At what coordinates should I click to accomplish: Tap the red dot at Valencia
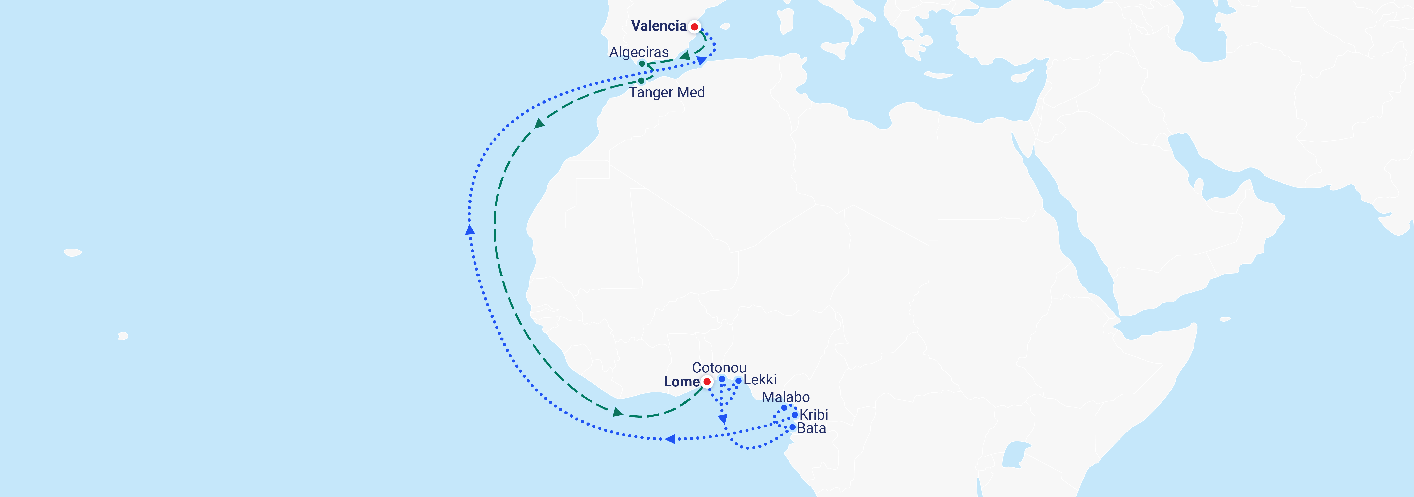(x=694, y=26)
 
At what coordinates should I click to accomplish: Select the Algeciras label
(x=639, y=52)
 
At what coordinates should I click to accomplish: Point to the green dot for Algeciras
(x=642, y=64)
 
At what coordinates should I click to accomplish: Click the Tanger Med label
(x=667, y=92)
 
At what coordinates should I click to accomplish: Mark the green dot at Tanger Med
(x=641, y=81)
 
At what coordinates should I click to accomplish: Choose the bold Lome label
(x=681, y=382)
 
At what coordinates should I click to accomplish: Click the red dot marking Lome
(x=707, y=382)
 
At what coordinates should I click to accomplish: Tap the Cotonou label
(x=719, y=367)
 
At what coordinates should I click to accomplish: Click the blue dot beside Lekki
(x=739, y=381)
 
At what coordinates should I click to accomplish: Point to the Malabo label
(x=785, y=397)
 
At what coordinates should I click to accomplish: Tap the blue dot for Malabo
(x=784, y=407)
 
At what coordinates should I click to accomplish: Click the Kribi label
(x=813, y=415)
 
